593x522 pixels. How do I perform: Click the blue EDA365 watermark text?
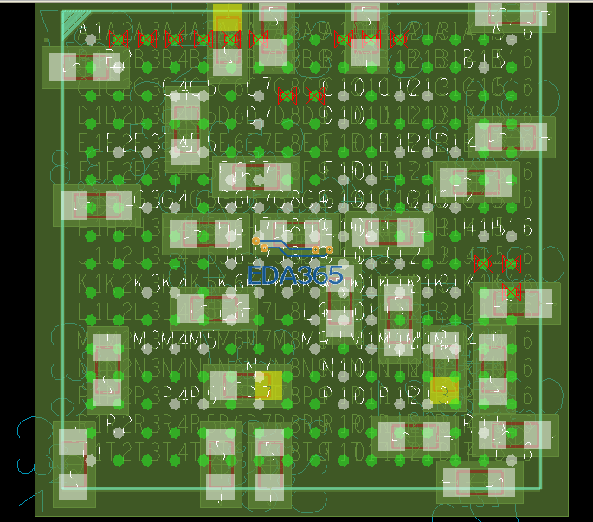point(295,276)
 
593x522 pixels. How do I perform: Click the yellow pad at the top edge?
point(227,17)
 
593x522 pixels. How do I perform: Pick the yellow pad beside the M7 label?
point(268,385)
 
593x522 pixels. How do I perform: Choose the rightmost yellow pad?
point(444,388)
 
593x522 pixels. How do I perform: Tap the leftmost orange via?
point(256,242)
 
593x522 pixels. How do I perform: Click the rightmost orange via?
point(329,250)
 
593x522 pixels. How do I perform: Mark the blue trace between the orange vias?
point(290,248)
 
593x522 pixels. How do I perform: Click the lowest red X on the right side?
point(511,291)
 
